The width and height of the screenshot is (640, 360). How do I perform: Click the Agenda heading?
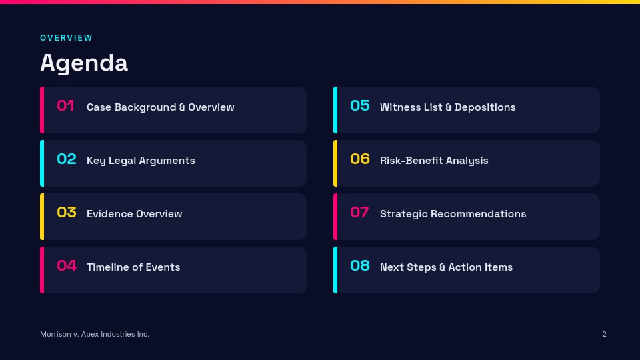pyautogui.click(x=84, y=63)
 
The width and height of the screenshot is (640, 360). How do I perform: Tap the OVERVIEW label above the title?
pyautogui.click(x=66, y=38)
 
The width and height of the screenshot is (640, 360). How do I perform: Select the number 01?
pyautogui.click(x=66, y=106)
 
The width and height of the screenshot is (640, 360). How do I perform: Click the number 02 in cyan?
pyautogui.click(x=67, y=159)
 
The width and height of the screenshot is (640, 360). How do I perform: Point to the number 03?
pyautogui.click(x=67, y=212)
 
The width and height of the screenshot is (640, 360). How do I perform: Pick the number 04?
pyautogui.click(x=67, y=266)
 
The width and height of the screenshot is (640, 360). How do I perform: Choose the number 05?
pyautogui.click(x=360, y=106)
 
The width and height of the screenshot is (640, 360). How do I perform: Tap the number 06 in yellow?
pyautogui.click(x=360, y=159)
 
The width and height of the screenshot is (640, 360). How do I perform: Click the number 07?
pyautogui.click(x=359, y=212)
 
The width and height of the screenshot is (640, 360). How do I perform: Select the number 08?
pyautogui.click(x=360, y=266)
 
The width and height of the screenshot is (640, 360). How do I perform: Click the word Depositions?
pyautogui.click(x=485, y=107)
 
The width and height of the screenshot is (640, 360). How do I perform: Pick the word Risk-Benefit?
pyautogui.click(x=411, y=161)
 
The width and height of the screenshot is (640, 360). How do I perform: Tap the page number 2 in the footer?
pyautogui.click(x=604, y=334)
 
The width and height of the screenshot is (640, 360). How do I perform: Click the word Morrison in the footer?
pyautogui.click(x=55, y=334)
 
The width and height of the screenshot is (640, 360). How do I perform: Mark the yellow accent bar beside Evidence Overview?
pyautogui.click(x=42, y=217)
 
